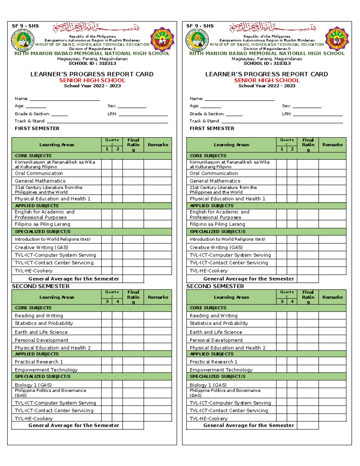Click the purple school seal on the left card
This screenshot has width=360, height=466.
click(x=162, y=39)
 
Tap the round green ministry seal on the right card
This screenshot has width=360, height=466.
click(x=197, y=40)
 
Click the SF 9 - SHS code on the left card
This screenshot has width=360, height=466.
click(x=25, y=26)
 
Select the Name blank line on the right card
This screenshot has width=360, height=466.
click(x=239, y=99)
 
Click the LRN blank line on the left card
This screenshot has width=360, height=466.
click(x=143, y=114)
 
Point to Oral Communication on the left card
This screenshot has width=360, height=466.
click(x=39, y=173)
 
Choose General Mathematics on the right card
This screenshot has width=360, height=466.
click(x=215, y=181)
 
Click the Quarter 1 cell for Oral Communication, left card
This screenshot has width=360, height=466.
click(x=107, y=173)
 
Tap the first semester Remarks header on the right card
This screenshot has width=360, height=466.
click(x=332, y=145)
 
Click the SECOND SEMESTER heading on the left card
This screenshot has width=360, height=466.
click(x=41, y=286)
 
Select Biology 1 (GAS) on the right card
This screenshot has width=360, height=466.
click(x=208, y=385)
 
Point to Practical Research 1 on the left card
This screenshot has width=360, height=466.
click(x=39, y=362)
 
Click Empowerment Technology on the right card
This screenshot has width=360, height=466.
click(x=221, y=370)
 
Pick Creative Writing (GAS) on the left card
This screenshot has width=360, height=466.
click(x=41, y=248)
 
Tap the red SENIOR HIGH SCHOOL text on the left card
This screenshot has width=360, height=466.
click(x=92, y=80)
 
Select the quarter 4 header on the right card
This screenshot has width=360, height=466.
click(x=292, y=302)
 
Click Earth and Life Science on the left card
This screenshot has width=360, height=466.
click(x=41, y=332)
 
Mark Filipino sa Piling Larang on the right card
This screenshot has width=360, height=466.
click(x=217, y=224)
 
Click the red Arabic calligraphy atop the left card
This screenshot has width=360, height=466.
click(x=96, y=28)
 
